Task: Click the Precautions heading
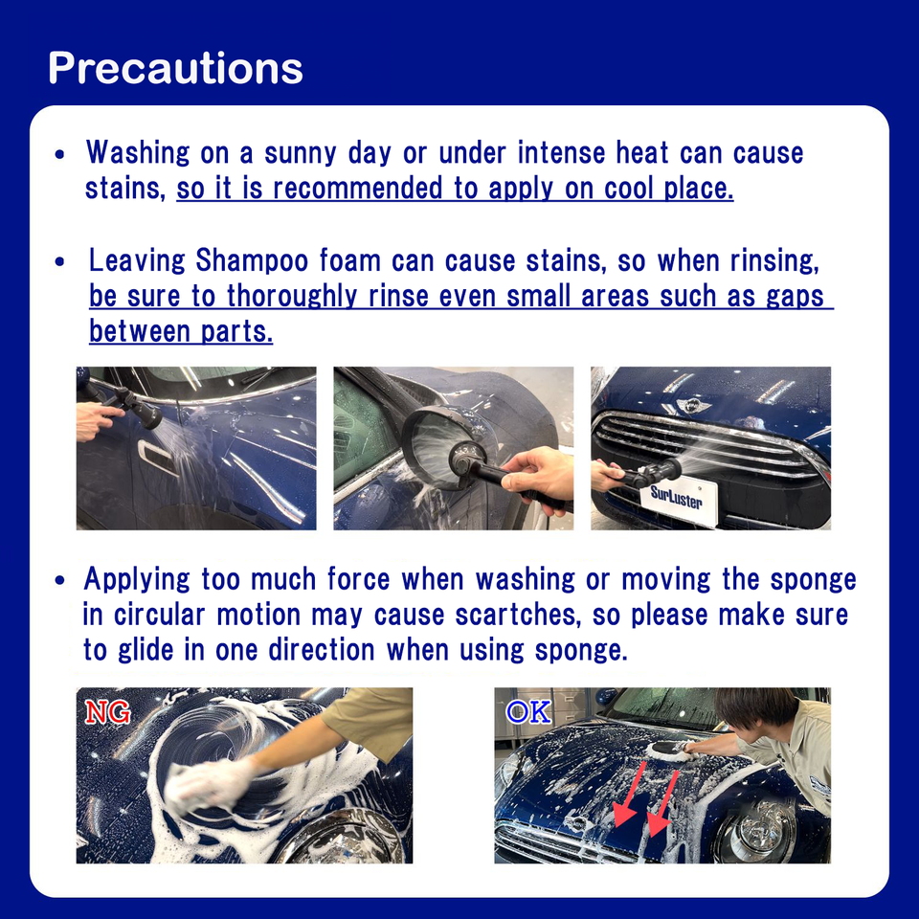tap(175, 68)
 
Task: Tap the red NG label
tap(107, 712)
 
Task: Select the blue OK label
tap(528, 712)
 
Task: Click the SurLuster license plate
tap(683, 500)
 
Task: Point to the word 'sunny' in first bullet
tap(300, 153)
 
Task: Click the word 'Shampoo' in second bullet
tap(252, 260)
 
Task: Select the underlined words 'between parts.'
tap(181, 332)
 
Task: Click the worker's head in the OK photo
tap(751, 709)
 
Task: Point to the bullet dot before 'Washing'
tap(59, 155)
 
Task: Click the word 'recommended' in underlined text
tap(357, 189)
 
